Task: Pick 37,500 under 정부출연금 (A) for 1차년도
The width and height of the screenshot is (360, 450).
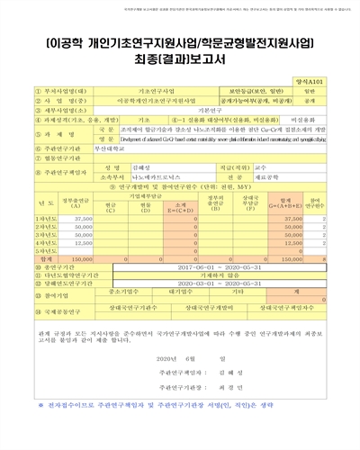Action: tap(83, 219)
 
